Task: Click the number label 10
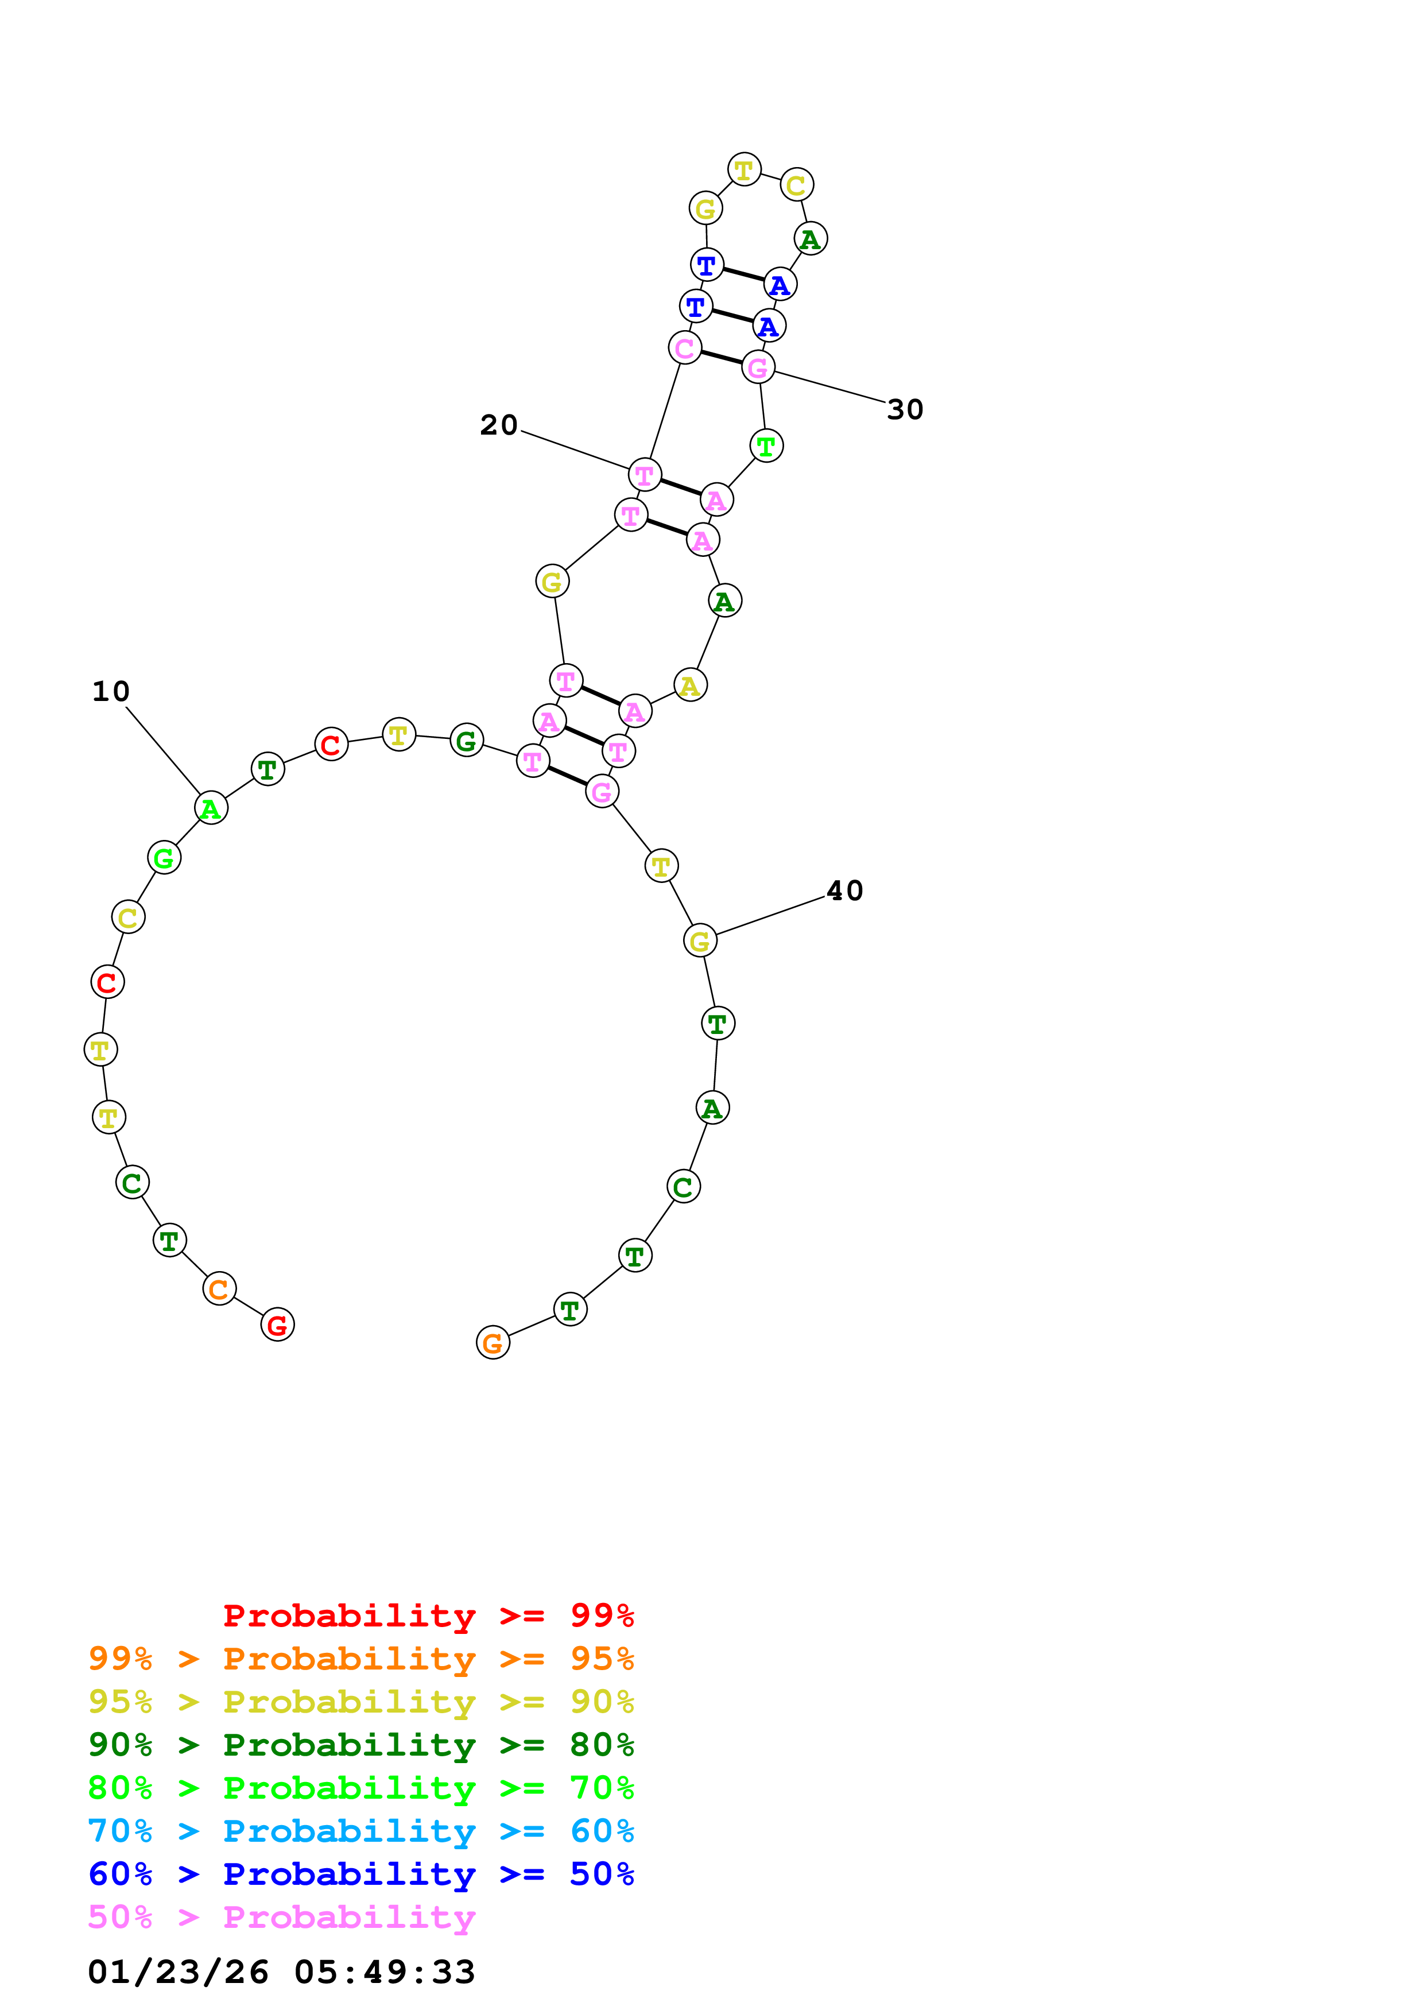(x=110, y=691)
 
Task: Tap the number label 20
(x=498, y=425)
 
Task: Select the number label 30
(x=905, y=410)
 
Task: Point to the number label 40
(x=844, y=891)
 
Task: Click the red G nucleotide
(x=277, y=1324)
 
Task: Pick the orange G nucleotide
(x=493, y=1342)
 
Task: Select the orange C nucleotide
(x=219, y=1288)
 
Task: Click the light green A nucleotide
(x=211, y=808)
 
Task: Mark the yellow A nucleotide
(x=690, y=685)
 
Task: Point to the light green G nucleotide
(x=164, y=858)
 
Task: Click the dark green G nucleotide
(x=467, y=741)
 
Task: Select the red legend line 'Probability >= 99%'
(x=428, y=1616)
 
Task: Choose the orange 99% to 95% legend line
(x=360, y=1659)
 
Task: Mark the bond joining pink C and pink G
(x=721, y=357)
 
